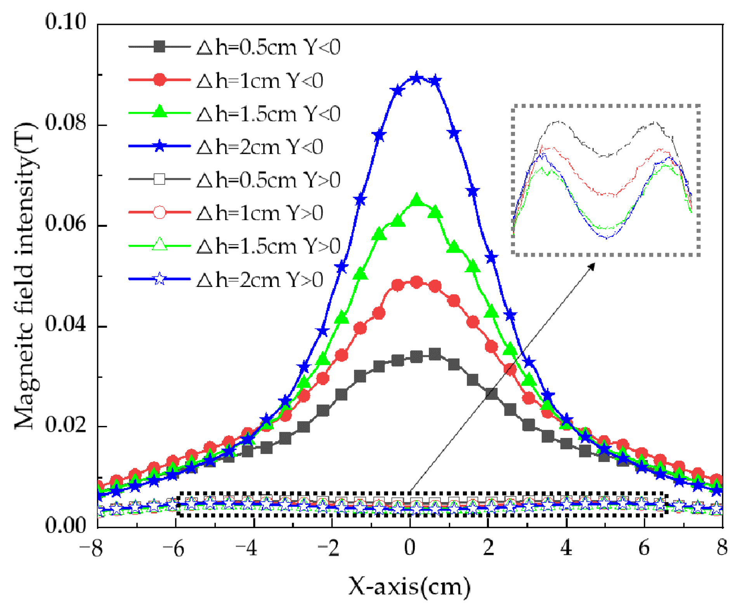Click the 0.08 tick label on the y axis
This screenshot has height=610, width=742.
(65, 123)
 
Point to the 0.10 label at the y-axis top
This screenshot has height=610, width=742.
(65, 22)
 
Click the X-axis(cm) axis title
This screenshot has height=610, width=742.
(409, 586)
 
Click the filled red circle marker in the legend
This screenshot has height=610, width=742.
(159, 80)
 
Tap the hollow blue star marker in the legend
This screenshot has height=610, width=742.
(159, 279)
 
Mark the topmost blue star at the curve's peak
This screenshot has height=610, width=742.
(416, 78)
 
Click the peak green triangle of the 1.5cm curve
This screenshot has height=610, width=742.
(416, 200)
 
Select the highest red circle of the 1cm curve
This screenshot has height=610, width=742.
(416, 282)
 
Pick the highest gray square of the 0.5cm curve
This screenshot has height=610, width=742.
(435, 354)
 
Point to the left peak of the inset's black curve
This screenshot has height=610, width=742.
(557, 122)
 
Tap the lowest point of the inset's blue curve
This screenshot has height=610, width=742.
(607, 238)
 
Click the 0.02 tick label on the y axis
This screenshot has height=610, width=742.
(65, 425)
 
